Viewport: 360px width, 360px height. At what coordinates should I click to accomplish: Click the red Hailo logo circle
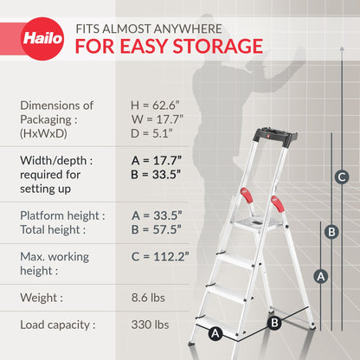tap(42, 39)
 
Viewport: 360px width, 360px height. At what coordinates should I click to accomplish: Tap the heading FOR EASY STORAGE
tap(169, 45)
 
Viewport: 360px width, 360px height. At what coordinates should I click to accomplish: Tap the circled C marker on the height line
tap(342, 177)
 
